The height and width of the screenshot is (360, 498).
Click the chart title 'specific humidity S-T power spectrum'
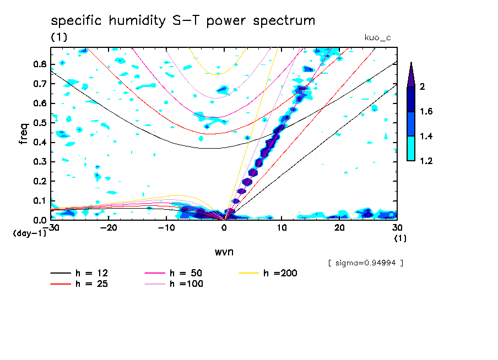point(183,21)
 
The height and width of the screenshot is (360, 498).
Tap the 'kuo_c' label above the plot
point(377,37)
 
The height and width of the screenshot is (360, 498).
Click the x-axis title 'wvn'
point(224,252)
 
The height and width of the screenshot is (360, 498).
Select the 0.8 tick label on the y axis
point(39,64)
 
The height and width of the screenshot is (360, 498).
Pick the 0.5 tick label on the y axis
point(39,123)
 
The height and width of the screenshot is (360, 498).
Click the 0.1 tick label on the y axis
point(39,201)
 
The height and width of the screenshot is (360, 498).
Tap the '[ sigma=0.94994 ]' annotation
point(365,263)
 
